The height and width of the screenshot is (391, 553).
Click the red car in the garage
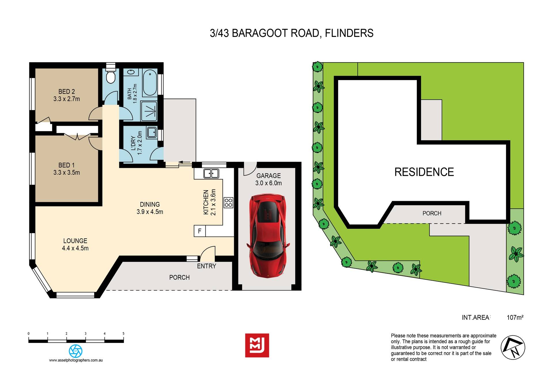pos(268,236)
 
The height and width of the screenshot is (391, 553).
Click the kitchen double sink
pos(211,173)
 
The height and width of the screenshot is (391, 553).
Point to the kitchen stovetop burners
pos(228,203)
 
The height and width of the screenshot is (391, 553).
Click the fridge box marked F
pos(200,231)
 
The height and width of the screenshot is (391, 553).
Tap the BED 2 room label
pos(67,92)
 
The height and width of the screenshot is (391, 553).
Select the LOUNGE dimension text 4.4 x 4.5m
pos(75,248)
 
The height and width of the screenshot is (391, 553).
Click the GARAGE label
pos(268,175)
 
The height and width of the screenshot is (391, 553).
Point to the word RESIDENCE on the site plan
pos(424,172)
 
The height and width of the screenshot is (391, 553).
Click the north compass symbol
pos(513,347)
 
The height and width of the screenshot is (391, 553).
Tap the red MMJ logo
pos(257,345)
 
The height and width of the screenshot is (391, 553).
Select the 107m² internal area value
pos(515,318)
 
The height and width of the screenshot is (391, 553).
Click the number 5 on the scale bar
pos(124,334)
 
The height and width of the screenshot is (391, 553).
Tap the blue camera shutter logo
pos(76,351)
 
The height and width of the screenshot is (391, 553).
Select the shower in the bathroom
pos(149,111)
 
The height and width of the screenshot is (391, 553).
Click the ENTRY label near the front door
pos(207,266)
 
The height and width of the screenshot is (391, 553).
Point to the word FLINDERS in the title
pos(349,33)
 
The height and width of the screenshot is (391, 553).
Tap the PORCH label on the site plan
pos(432,213)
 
